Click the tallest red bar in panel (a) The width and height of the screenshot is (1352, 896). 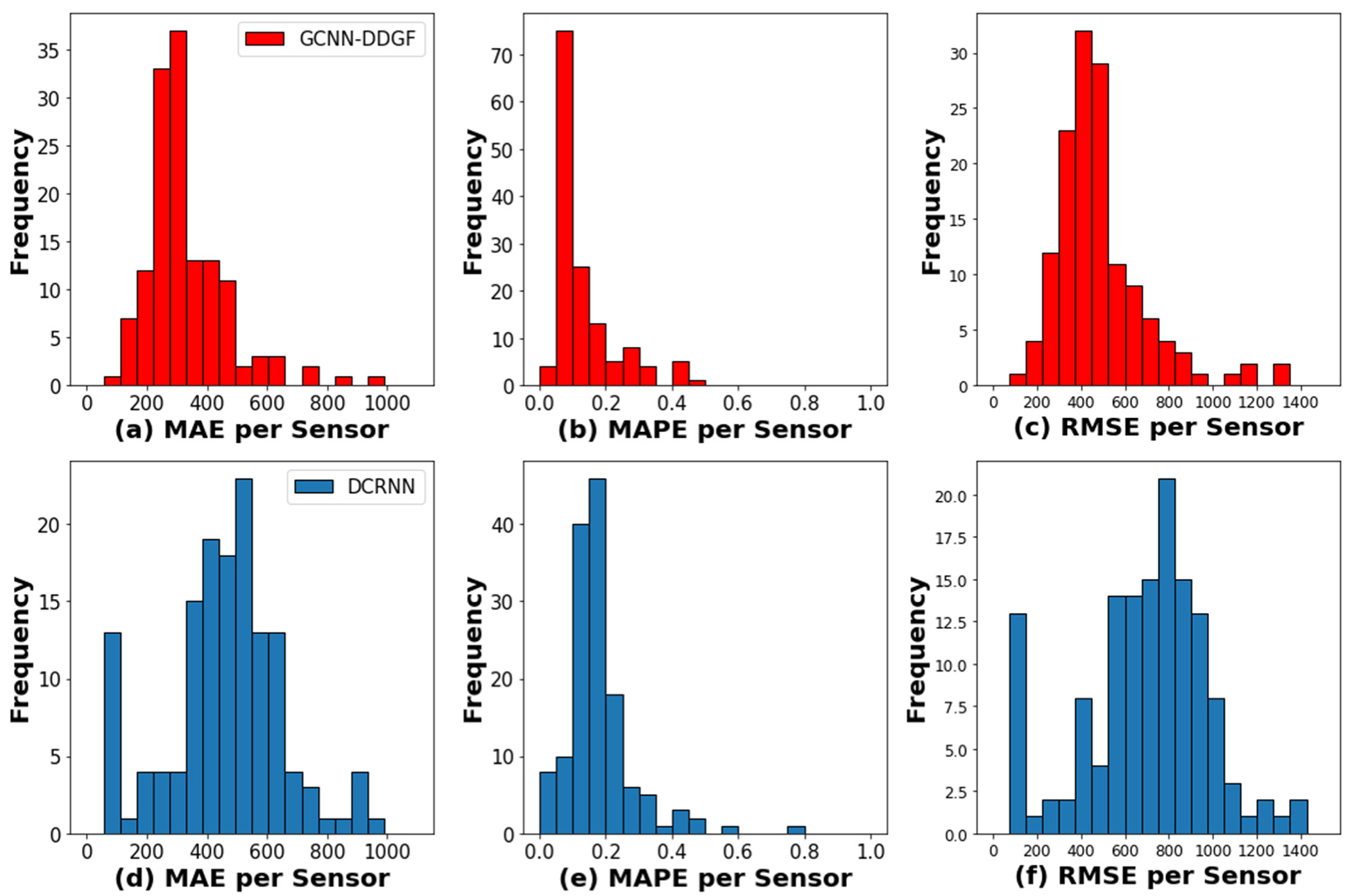[x=178, y=208]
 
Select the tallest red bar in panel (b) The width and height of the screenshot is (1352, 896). [x=565, y=208]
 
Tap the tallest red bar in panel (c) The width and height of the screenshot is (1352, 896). [x=1083, y=208]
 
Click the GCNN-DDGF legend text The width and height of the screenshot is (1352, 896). [x=357, y=39]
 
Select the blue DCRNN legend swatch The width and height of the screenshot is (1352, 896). [x=314, y=486]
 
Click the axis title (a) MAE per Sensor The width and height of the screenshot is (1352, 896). [x=251, y=430]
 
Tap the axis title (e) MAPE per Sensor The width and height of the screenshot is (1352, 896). [x=705, y=878]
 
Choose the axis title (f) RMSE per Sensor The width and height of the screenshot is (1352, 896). [x=1158, y=876]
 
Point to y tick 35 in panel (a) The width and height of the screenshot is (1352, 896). [x=49, y=51]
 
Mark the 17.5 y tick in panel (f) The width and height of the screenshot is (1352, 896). [x=950, y=538]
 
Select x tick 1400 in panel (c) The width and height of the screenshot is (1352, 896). [x=1299, y=403]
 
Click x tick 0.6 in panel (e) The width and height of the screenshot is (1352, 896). [x=737, y=851]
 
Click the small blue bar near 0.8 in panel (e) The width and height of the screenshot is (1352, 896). [x=796, y=830]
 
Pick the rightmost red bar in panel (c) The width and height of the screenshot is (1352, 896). [x=1281, y=374]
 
